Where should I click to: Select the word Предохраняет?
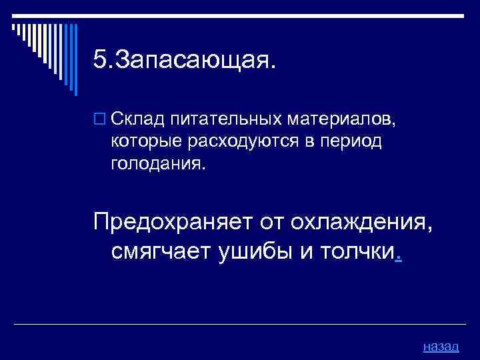[170, 221]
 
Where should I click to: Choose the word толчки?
[359, 253]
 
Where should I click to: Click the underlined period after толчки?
[398, 258]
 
